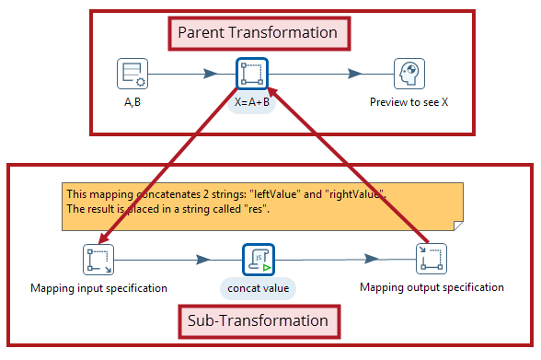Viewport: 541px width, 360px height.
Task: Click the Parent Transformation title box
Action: [x=257, y=33]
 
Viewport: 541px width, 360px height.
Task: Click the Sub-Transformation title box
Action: [x=257, y=320]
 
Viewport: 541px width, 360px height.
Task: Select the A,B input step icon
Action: [x=132, y=74]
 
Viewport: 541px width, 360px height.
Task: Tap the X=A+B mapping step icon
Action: [x=252, y=74]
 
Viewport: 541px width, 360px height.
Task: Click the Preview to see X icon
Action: [x=409, y=74]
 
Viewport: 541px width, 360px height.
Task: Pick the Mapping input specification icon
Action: [x=98, y=261]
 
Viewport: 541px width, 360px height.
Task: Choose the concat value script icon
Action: [x=258, y=260]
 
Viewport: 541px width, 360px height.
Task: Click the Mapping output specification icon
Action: [x=431, y=260]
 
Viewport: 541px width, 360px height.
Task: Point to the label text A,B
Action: [x=132, y=101]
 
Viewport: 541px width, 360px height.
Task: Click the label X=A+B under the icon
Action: [x=252, y=102]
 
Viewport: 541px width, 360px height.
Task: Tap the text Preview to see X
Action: [x=409, y=101]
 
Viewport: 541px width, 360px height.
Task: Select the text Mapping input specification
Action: [x=98, y=288]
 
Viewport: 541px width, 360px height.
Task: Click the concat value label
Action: [x=258, y=288]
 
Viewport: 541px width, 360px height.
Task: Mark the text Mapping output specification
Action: [x=432, y=287]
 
